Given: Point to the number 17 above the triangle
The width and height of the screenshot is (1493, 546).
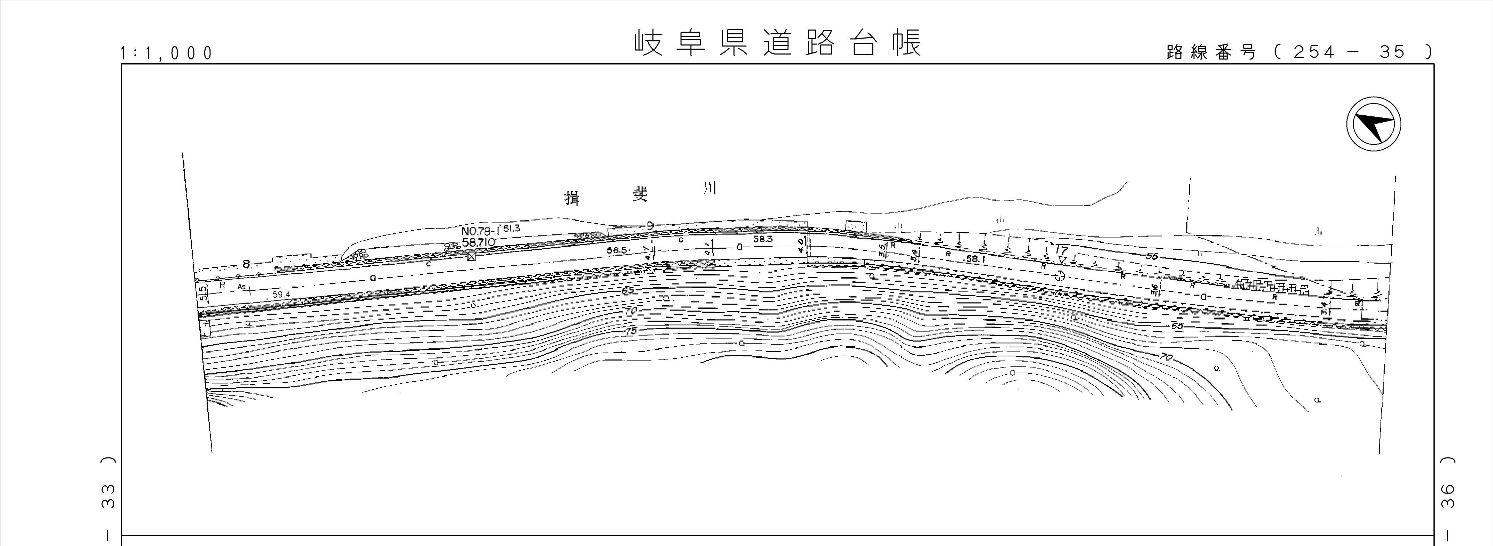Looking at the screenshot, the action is point(1062,250).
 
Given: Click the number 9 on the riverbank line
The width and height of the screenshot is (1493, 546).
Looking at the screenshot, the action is point(651,225).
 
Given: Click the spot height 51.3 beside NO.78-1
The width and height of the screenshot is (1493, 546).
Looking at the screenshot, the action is point(511,229).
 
